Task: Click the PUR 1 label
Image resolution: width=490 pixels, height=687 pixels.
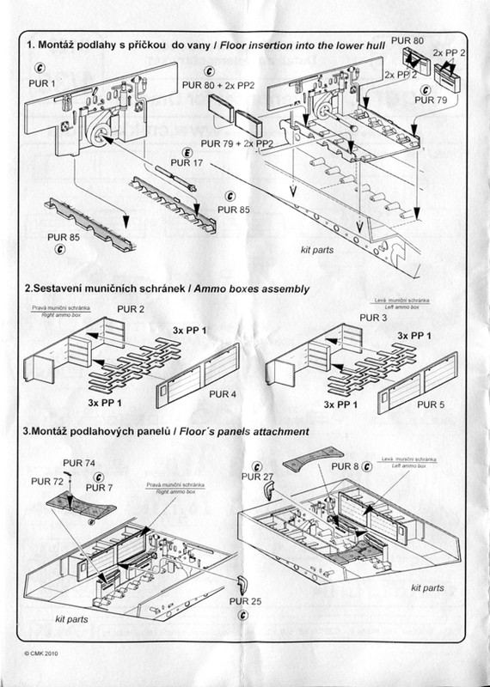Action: click(42, 84)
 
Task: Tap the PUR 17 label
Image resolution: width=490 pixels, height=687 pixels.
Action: click(187, 162)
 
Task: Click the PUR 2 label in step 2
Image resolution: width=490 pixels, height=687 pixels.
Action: click(130, 308)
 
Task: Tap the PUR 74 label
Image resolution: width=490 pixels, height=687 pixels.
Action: click(80, 462)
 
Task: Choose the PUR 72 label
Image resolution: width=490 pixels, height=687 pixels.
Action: click(46, 483)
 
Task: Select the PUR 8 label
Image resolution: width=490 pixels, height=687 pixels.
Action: click(347, 465)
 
